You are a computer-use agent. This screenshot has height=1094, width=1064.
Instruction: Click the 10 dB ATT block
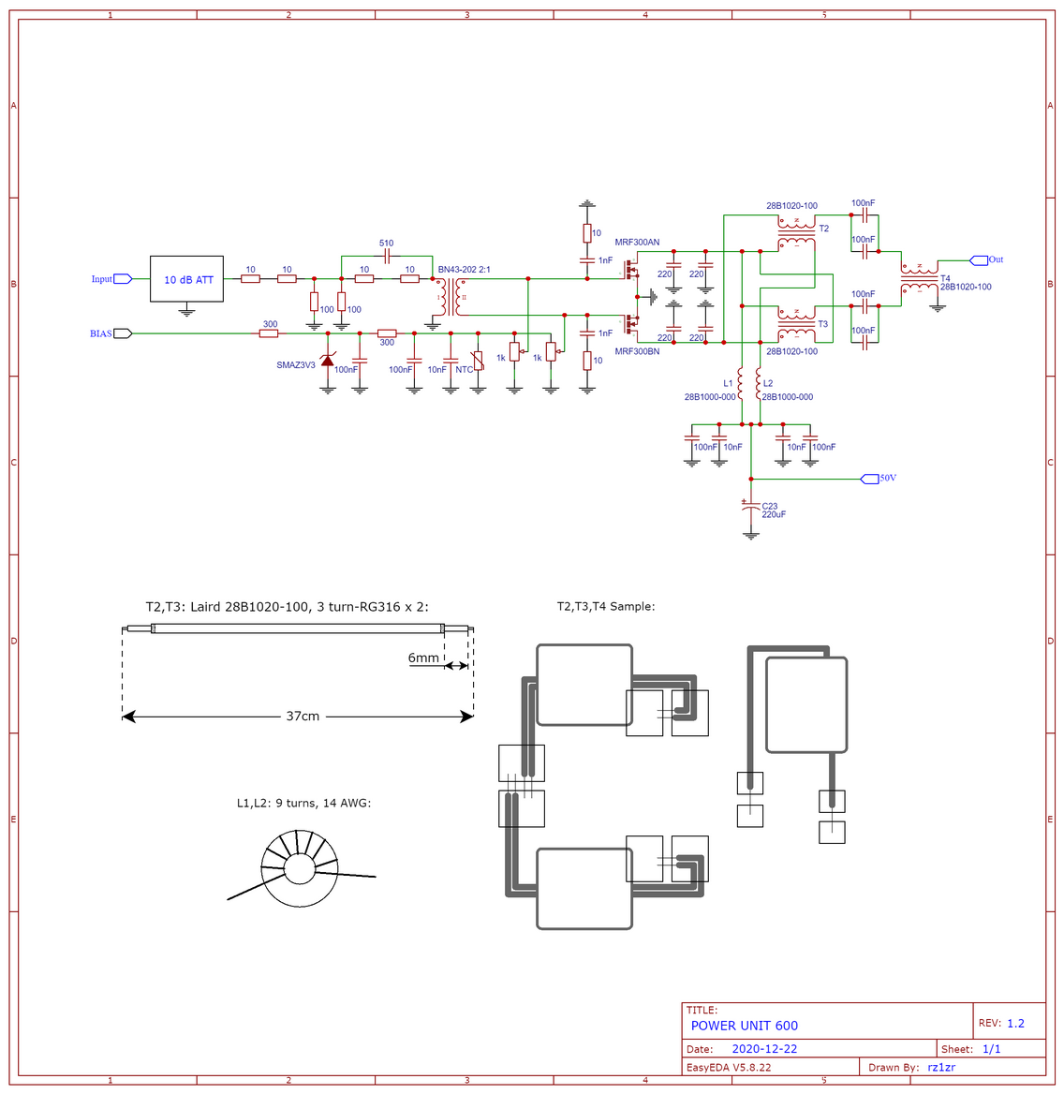click(x=186, y=279)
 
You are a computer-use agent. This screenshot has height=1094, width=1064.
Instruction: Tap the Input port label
click(x=101, y=279)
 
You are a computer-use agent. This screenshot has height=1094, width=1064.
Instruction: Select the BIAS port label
click(x=100, y=333)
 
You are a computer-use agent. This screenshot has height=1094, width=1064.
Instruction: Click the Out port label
click(x=996, y=259)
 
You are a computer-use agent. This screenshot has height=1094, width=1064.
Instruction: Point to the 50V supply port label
click(x=888, y=478)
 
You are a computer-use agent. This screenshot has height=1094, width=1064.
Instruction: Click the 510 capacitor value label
click(x=387, y=243)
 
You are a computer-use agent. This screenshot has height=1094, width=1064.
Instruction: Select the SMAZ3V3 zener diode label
click(x=296, y=365)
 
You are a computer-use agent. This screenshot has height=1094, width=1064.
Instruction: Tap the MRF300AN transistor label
click(x=637, y=242)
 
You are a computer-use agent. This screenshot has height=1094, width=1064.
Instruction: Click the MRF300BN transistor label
click(x=637, y=351)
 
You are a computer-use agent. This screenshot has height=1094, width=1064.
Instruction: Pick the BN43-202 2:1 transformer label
click(x=464, y=270)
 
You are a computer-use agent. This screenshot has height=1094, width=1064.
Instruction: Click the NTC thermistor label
click(x=464, y=370)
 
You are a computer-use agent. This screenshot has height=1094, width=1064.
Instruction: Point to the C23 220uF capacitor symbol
click(x=751, y=510)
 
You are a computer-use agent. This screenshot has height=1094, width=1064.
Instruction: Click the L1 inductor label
click(x=728, y=383)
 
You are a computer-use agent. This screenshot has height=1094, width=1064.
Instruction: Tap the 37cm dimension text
click(x=303, y=716)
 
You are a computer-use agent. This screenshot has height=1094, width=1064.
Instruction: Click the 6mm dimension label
click(x=423, y=658)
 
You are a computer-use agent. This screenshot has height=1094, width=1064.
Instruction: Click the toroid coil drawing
click(x=301, y=868)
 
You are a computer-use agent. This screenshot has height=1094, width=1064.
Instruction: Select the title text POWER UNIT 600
click(x=744, y=1026)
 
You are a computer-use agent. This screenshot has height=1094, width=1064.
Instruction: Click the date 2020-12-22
click(x=764, y=1049)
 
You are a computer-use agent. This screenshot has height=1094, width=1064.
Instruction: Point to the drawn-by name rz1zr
click(x=941, y=1068)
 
